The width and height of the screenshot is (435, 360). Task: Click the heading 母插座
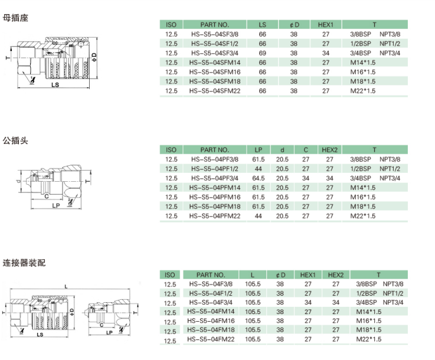tap(15, 18)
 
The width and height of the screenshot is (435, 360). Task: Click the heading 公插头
tap(15, 140)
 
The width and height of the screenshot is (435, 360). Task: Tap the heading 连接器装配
tap(24, 263)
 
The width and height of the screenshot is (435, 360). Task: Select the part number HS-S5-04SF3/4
tap(214, 53)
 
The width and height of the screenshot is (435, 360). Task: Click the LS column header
tap(262, 25)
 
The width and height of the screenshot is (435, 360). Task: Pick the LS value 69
tap(262, 53)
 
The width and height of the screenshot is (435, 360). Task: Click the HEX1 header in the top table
tap(325, 25)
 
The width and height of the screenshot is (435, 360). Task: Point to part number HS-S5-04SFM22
tap(215, 91)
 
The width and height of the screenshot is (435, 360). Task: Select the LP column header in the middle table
tap(259, 150)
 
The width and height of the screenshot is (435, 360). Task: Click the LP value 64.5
tap(259, 178)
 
